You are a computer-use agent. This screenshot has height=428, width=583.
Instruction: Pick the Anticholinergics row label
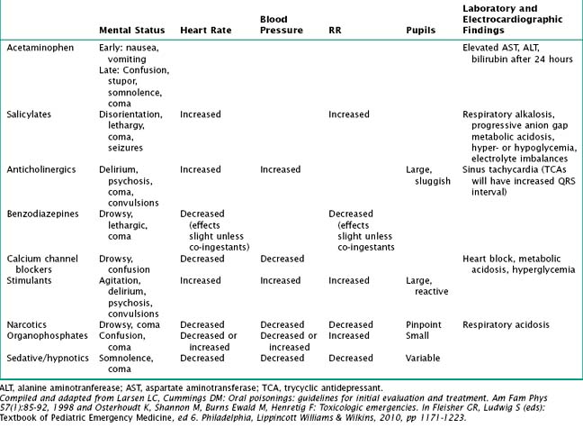click(41, 168)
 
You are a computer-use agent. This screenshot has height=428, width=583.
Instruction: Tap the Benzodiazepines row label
click(42, 214)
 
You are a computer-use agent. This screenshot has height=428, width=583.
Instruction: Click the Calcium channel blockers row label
click(42, 263)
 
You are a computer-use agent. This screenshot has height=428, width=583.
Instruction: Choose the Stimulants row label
click(31, 280)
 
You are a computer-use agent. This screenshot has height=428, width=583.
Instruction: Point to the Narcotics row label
click(30, 324)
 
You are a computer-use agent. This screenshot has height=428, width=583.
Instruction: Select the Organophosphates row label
click(46, 335)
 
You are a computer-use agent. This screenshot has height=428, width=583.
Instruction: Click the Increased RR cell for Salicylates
click(348, 114)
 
